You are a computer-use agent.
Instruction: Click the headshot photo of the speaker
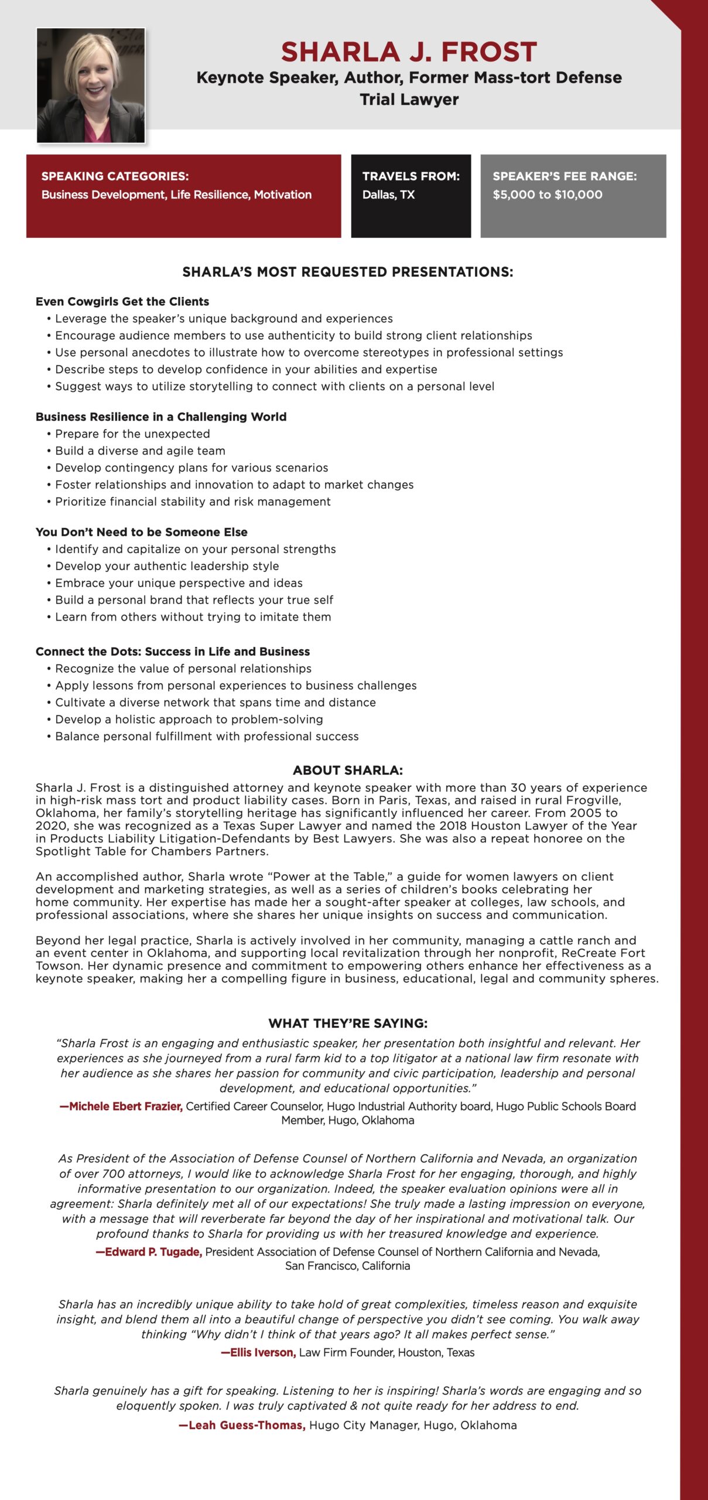coord(91,86)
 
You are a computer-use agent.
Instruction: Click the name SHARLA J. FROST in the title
coord(409,52)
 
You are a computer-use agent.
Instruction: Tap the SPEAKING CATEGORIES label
coord(115,176)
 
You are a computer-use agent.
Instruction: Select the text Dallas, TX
coord(388,195)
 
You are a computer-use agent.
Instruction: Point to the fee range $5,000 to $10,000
coord(548,195)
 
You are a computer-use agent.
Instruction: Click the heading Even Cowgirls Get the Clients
coord(122,302)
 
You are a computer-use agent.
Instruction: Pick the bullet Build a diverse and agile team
coord(140,451)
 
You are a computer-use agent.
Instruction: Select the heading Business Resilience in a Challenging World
coord(161,417)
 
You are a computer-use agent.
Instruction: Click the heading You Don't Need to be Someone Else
coord(142,532)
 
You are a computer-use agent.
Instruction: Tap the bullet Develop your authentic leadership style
coord(167,566)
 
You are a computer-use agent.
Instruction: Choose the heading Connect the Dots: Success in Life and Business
coord(173,652)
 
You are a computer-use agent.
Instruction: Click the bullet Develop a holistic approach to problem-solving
coord(189,719)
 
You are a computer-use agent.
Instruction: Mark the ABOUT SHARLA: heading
coord(348,770)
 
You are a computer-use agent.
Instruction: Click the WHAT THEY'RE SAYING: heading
coord(348,1023)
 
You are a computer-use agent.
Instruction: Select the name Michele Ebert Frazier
coord(125,1106)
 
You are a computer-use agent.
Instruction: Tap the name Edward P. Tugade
coord(153,1252)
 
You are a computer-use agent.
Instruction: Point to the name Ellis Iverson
coord(262,1352)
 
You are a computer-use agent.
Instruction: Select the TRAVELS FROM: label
coord(411,176)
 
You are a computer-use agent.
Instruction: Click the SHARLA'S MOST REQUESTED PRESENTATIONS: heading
coord(348,272)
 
